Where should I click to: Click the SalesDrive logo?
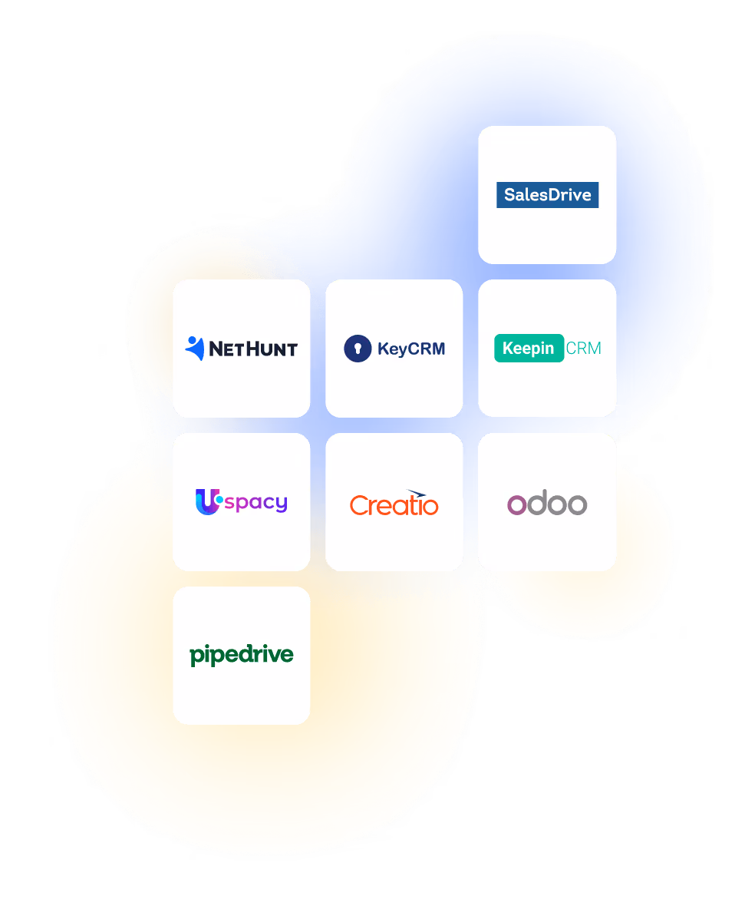547,195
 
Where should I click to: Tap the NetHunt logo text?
252,349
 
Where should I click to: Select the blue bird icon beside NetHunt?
195,348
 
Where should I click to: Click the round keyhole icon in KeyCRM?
358,349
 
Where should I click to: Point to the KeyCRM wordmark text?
411,349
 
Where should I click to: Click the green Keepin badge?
529,349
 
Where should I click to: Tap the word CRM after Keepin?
583,349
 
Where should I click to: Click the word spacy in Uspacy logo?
256,504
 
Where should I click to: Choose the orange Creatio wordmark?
394,505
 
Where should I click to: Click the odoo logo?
547,504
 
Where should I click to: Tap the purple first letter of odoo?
518,504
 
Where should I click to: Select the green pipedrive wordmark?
242,656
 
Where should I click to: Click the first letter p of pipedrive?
196,657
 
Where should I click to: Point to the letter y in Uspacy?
280,505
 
